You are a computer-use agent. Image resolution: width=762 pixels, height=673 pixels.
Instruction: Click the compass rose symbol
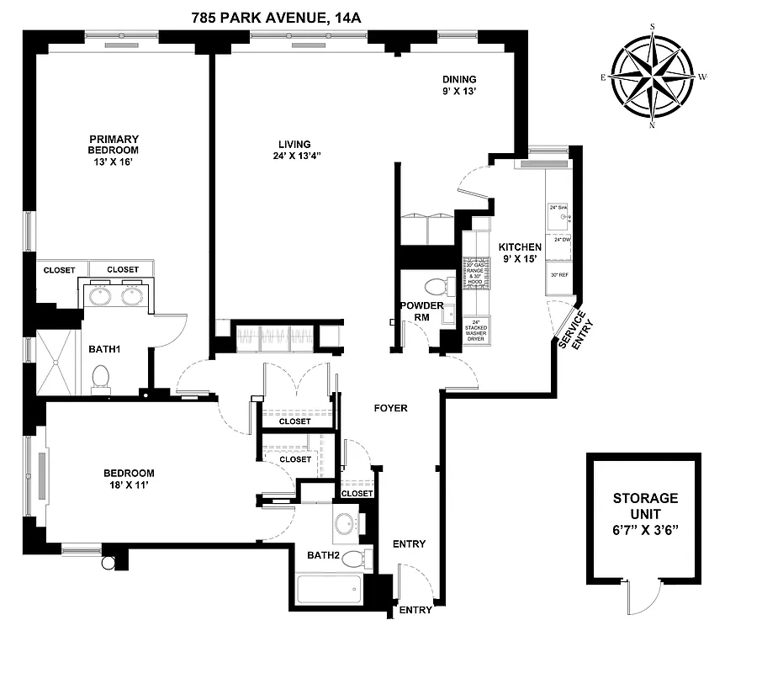pyautogui.click(x=653, y=76)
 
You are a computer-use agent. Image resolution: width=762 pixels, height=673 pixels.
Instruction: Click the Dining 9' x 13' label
pyautogui.click(x=460, y=84)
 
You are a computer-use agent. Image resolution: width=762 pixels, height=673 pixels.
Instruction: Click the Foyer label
pyautogui.click(x=391, y=408)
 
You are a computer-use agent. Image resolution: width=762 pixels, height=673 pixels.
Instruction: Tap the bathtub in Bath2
pyautogui.click(x=329, y=587)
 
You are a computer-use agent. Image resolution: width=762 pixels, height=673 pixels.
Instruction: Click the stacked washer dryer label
pyautogui.click(x=479, y=331)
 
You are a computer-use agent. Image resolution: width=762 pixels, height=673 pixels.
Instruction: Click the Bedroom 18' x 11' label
pyautogui.click(x=129, y=479)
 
